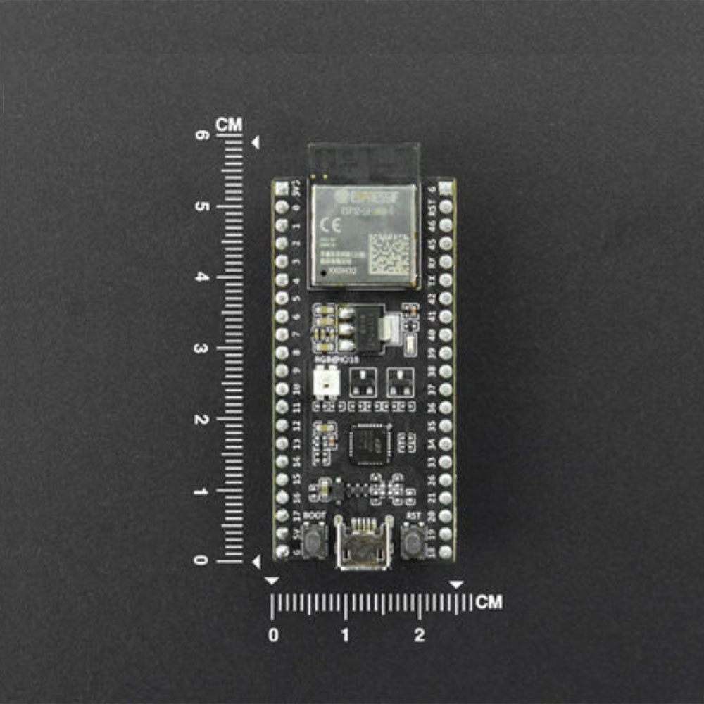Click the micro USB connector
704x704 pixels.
(363, 544)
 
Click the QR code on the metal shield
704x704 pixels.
(389, 253)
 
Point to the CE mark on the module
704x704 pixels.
(329, 226)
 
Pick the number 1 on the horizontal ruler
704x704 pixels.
(345, 636)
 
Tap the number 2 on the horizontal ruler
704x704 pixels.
(420, 636)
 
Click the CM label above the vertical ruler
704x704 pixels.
(229, 125)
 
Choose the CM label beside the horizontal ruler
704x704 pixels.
(489, 603)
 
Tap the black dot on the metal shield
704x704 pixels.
(322, 271)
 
